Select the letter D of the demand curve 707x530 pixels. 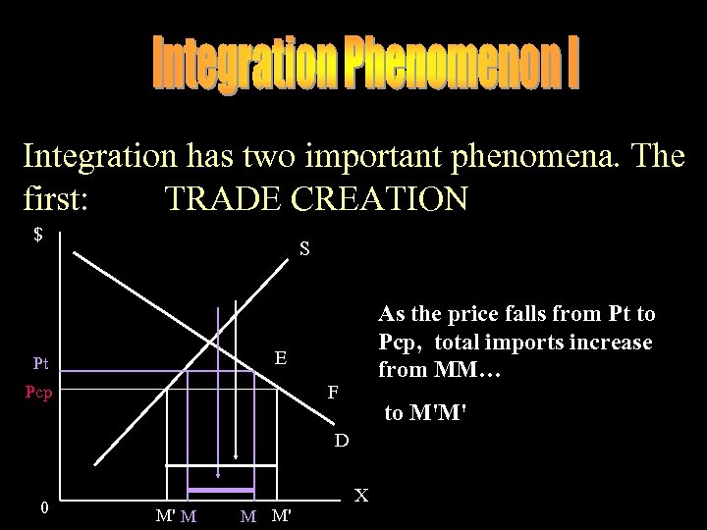pos(340,440)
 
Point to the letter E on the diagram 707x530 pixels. pos(280,359)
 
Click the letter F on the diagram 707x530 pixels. pos(333,392)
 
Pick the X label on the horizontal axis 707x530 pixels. pos(361,496)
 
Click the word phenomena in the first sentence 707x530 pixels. pos(529,156)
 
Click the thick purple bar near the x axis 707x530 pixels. pos(221,490)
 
